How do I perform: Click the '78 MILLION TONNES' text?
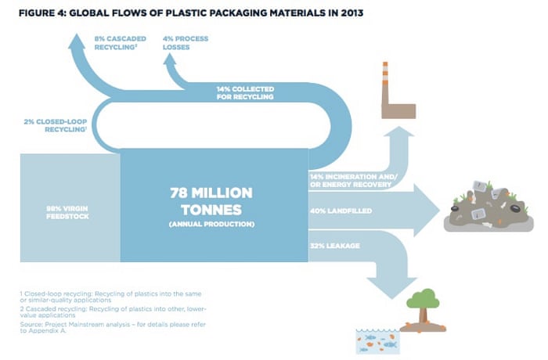point(211,201)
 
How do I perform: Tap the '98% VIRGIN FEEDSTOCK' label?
point(67,212)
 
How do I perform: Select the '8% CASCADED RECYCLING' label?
point(121,42)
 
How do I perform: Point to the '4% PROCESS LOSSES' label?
point(186,42)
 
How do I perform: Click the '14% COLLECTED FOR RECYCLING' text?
point(245,93)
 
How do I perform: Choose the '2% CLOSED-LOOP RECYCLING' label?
point(56,125)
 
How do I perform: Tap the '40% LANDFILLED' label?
point(341,211)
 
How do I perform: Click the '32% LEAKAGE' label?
point(335,246)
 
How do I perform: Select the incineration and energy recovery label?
point(353,180)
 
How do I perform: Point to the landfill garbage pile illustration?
point(489,206)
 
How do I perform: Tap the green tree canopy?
point(424,298)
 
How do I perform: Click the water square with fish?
point(377,341)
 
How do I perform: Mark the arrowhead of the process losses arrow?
point(170,59)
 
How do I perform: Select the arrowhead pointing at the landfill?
point(427,211)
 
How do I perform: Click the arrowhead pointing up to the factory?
point(399,131)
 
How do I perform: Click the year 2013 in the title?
point(352,13)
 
